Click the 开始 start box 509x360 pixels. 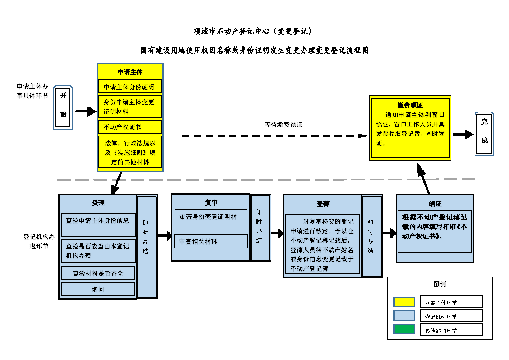[x=63, y=107]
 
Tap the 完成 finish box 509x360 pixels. [x=484, y=134]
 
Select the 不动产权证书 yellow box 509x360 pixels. [x=130, y=126]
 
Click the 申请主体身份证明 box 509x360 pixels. [x=130, y=87]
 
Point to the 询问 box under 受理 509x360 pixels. [x=98, y=289]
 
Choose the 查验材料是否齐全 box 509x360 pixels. [x=98, y=273]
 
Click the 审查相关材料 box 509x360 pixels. [x=211, y=241]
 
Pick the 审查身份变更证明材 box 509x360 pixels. [x=211, y=217]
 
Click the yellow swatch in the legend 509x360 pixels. [x=404, y=302]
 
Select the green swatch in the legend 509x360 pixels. [x=404, y=330]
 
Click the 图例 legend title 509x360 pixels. [x=439, y=284]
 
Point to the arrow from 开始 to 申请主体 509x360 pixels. [x=85, y=111]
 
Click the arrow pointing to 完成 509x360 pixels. [x=463, y=134]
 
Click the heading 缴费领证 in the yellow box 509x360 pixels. [x=410, y=105]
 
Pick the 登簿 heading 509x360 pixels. [x=323, y=204]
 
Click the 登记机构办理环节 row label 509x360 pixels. [x=39, y=241]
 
